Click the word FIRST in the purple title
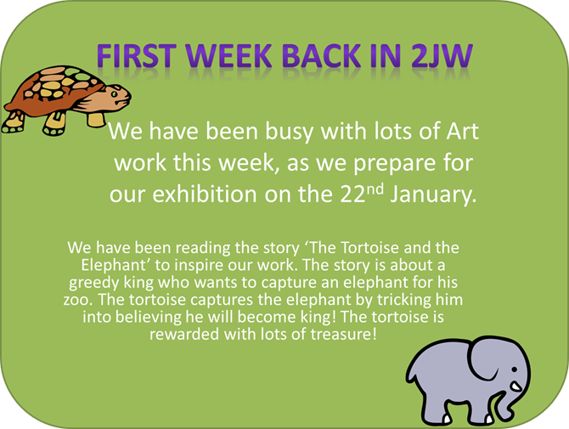(x=137, y=56)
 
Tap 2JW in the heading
(x=442, y=56)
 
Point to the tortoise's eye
(x=115, y=94)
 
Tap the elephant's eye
(x=514, y=370)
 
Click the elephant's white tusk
(x=515, y=387)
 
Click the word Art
(x=462, y=131)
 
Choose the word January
(x=433, y=195)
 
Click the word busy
(x=290, y=133)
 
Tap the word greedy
(x=93, y=283)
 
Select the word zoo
(x=76, y=301)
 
